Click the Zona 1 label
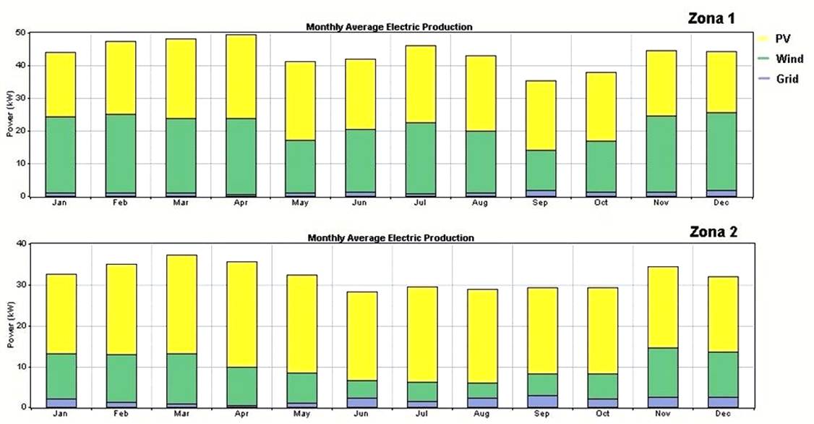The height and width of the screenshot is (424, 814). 711,18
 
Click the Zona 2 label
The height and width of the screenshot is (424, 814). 712,232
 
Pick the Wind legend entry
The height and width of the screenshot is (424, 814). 787,59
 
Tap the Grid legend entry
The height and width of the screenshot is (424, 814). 787,79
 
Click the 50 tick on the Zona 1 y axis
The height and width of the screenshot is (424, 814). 21,33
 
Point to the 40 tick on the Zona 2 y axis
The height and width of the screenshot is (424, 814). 21,244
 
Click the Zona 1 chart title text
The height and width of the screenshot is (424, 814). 389,27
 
